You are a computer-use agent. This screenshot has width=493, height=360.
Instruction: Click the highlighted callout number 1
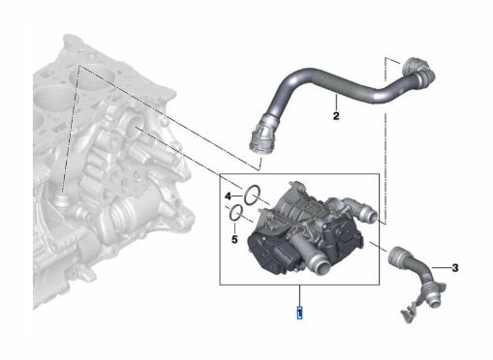(x=300, y=312)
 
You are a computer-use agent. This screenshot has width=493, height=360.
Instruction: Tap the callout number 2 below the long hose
(x=335, y=119)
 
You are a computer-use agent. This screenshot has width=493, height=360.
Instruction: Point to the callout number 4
(x=229, y=196)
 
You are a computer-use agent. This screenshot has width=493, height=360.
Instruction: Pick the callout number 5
(x=233, y=238)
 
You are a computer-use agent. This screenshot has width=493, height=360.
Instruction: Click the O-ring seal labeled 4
(x=250, y=195)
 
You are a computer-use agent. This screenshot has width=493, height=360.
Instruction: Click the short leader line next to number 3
(x=444, y=266)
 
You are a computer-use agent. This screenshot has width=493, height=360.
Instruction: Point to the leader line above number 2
(x=335, y=105)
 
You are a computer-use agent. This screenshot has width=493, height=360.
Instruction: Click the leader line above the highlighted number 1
(x=300, y=294)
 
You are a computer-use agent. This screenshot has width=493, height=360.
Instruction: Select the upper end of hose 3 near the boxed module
(x=396, y=255)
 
